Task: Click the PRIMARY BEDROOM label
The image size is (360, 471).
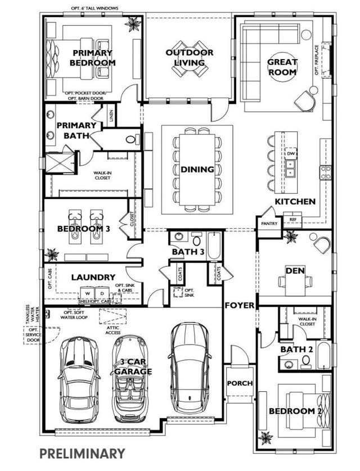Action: [x=93, y=58]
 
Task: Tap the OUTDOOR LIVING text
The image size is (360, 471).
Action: [x=189, y=57]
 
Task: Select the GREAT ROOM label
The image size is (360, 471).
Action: [x=282, y=67]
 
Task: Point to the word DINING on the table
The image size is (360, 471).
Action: [x=197, y=169]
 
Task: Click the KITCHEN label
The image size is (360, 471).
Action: [x=295, y=201]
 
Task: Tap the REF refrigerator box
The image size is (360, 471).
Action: [x=292, y=220]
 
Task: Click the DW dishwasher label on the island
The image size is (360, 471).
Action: [x=291, y=153]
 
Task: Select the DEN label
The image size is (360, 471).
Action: [x=295, y=271]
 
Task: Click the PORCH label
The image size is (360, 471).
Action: [x=240, y=383]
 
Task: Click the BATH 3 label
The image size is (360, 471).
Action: [x=188, y=251]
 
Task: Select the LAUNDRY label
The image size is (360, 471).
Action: [x=93, y=277]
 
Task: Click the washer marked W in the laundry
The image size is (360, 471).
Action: [x=87, y=293]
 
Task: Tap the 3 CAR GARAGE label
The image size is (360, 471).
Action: [x=133, y=367]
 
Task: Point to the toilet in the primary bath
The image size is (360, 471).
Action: [x=130, y=139]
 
